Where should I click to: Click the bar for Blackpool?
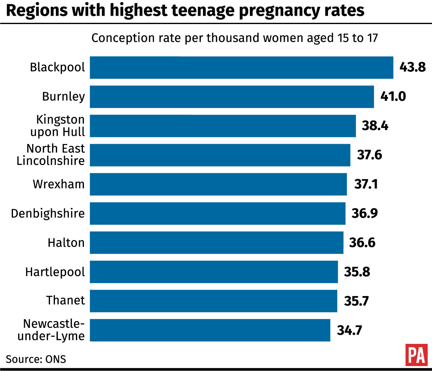241,68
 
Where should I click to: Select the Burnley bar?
232,97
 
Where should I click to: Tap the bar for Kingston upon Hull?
223,126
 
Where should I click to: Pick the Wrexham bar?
218,184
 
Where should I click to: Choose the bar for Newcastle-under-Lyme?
210,330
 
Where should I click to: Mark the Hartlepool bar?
214,272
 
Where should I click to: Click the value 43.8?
412,67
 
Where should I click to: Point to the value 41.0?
393,97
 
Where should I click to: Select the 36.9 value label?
364,213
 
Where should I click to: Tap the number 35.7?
356,301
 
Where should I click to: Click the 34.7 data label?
349,330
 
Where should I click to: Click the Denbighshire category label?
48,213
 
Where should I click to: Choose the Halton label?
66,243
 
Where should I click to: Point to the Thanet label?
65,300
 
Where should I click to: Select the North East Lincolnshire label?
51,155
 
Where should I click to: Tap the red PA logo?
417,355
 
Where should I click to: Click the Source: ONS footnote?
36,359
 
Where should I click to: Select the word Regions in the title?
36,10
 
